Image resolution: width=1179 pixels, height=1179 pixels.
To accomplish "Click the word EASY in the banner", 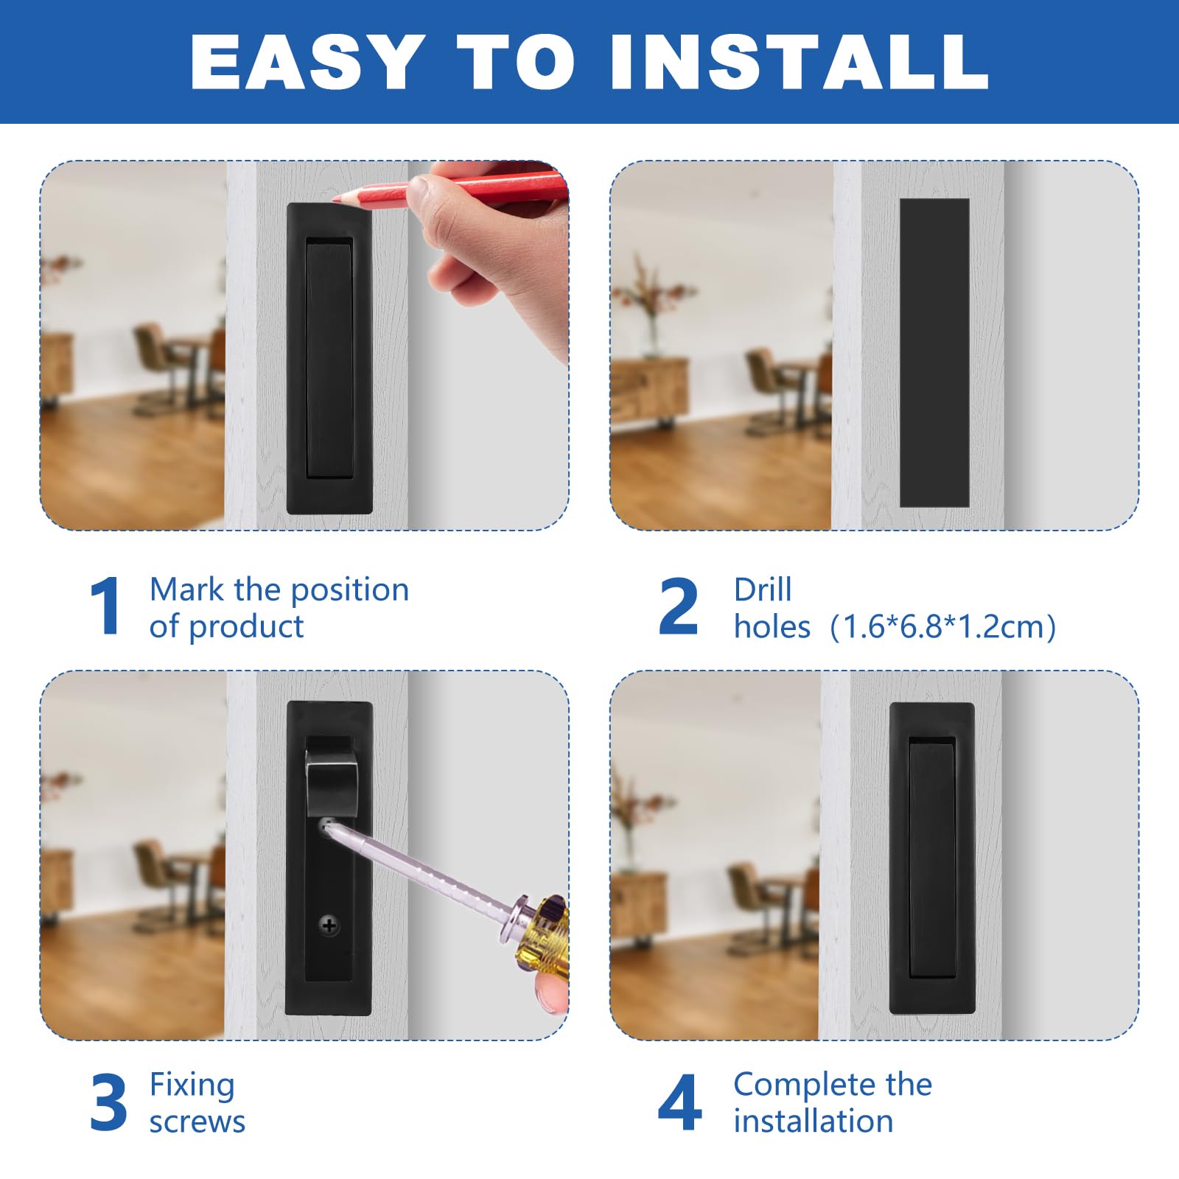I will point(307,63).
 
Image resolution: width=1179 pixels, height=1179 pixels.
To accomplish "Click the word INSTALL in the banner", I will point(799,63).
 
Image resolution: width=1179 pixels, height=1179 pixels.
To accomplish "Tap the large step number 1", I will point(105,606).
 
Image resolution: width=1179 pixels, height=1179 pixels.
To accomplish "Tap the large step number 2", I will point(678,606).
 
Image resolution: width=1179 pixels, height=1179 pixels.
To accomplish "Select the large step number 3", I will point(108,1102).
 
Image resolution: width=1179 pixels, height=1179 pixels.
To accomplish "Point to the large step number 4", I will point(679,1102).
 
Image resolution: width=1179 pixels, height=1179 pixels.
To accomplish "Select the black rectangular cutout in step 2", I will point(934,352).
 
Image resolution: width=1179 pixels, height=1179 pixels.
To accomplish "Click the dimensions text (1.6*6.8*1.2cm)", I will point(942,627).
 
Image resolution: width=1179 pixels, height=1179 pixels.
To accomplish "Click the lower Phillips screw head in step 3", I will point(329,926).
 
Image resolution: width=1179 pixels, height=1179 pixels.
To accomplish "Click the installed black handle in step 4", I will point(932,858).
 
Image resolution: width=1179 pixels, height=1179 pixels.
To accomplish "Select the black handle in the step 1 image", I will point(329,358).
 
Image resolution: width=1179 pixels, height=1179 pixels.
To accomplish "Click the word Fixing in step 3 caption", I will point(192,1085).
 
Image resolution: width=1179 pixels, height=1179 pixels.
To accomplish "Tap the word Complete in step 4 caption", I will point(804,1085).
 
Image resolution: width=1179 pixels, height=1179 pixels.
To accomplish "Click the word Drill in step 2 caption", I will point(762,589).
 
